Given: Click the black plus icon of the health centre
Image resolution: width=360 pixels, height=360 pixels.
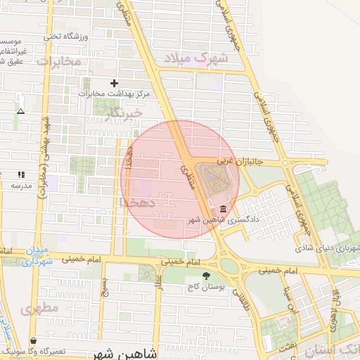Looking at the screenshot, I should [115, 83].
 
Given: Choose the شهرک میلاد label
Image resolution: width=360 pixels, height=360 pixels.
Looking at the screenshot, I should [197, 58].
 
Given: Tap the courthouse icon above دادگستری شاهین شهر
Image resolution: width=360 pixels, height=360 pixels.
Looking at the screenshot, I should [223, 209].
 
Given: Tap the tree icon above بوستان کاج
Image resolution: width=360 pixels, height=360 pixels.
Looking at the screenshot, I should [206, 276].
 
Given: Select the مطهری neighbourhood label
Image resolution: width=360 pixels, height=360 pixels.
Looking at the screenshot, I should [39, 308].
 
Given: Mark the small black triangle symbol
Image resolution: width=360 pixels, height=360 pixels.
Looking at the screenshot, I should [20, 111].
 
